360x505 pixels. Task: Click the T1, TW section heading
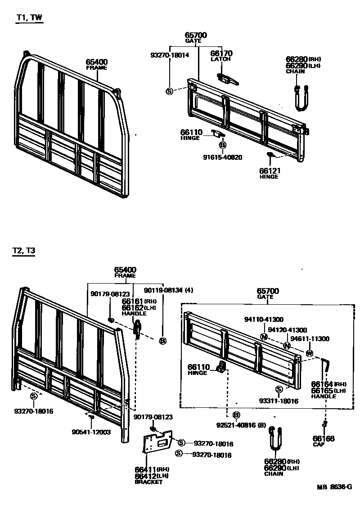(x=29, y=18)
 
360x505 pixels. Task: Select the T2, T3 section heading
(x=24, y=251)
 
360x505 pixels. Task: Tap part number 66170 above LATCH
(x=221, y=54)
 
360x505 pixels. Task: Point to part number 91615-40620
(x=223, y=158)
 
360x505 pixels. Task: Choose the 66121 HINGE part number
(x=269, y=171)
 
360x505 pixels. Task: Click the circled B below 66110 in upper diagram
(x=222, y=145)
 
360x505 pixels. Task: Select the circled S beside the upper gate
(x=170, y=91)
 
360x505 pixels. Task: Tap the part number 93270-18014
(x=170, y=55)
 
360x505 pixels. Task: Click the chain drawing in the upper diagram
(x=301, y=98)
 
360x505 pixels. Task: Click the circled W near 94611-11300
(x=309, y=353)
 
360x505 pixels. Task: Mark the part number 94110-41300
(x=264, y=319)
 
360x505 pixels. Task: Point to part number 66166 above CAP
(x=324, y=438)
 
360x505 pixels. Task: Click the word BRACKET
(x=148, y=482)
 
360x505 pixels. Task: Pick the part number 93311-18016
(x=279, y=401)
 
